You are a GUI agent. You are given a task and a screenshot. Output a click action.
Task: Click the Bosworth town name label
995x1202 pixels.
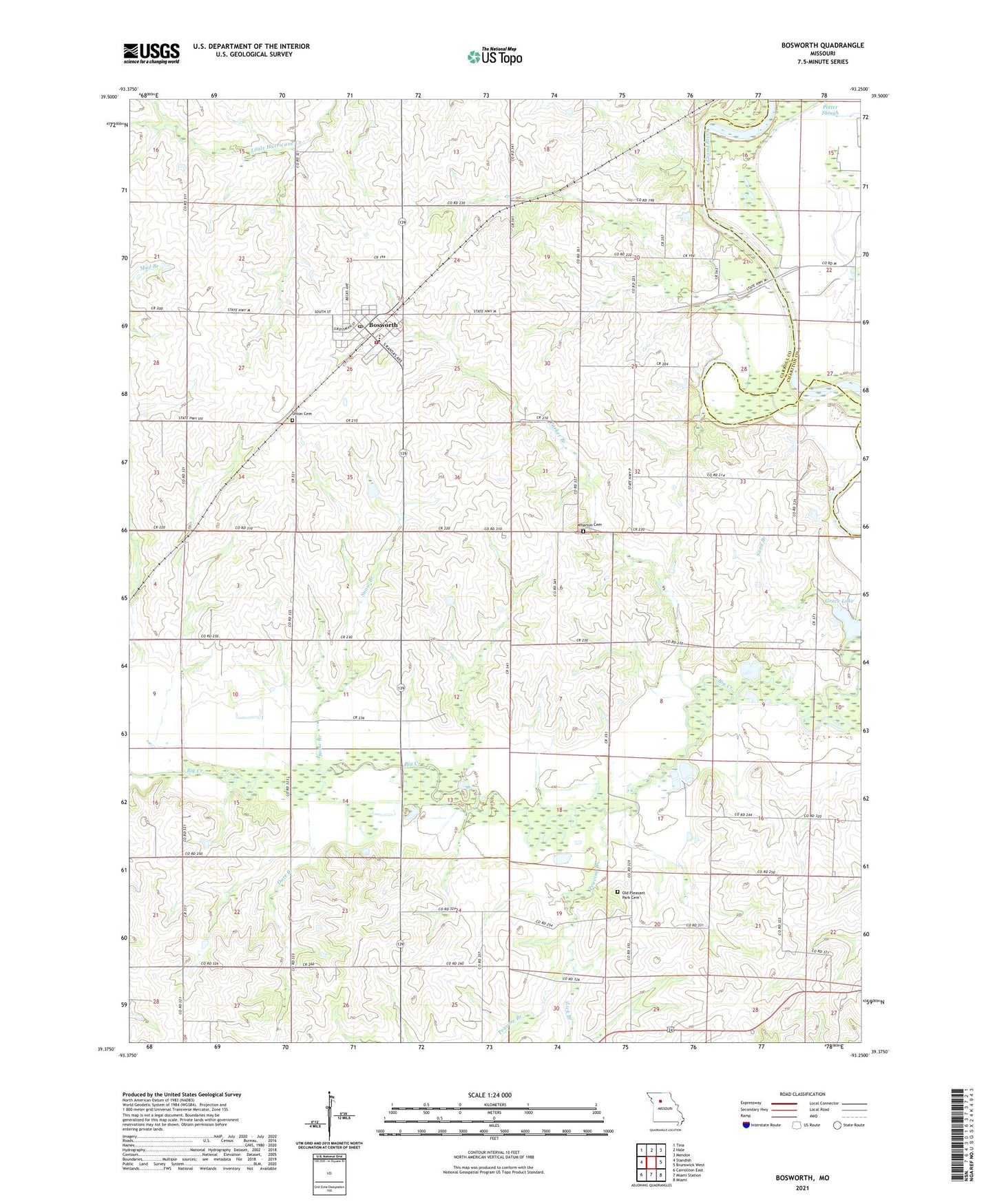[383, 324]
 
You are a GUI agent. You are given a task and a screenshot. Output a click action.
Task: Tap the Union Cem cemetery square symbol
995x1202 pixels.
[292, 420]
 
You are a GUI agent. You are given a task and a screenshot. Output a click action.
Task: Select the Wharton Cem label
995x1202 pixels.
[589, 525]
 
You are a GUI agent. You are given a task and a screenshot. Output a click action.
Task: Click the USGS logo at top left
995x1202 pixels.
[151, 53]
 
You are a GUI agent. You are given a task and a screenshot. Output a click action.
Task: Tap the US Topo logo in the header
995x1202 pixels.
[494, 57]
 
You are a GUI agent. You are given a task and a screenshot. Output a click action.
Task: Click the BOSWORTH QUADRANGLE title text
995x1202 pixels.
[822, 45]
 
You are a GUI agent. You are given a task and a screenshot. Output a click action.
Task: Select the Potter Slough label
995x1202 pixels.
[830, 110]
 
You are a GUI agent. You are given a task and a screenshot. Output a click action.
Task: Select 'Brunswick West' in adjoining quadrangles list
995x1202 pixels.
[689, 1165]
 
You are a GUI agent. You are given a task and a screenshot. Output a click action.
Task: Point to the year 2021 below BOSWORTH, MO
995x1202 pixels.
[802, 1188]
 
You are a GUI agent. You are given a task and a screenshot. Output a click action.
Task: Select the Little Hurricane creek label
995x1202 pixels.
[266, 147]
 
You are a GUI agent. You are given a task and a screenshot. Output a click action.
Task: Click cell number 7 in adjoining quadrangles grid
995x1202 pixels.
[651, 1174]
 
